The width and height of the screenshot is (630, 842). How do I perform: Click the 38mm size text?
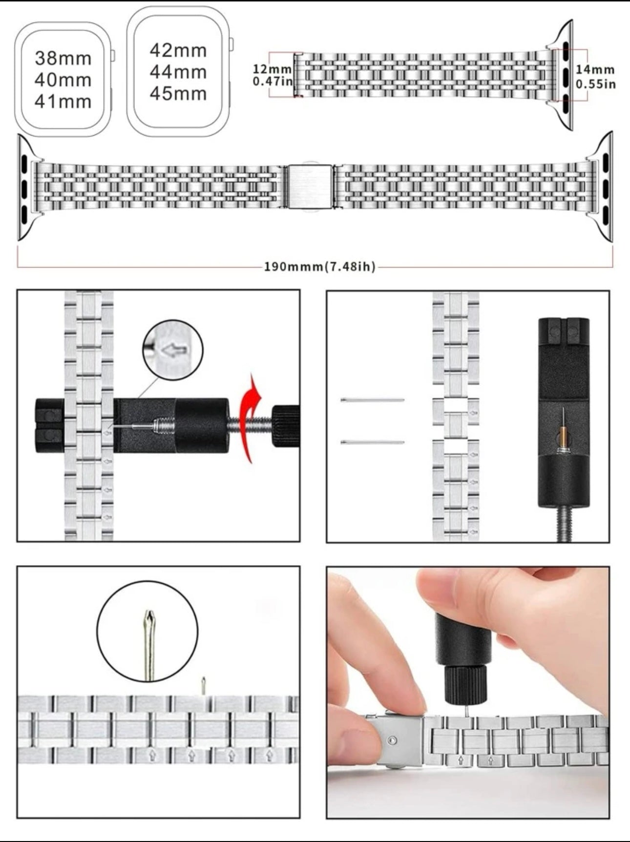pyautogui.click(x=63, y=59)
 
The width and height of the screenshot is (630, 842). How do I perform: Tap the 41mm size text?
pyautogui.click(x=63, y=102)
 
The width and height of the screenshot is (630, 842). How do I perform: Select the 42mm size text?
pyautogui.click(x=178, y=50)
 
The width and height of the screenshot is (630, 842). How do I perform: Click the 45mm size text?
pyautogui.click(x=178, y=93)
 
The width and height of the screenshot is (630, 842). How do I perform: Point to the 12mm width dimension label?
pyautogui.click(x=272, y=75)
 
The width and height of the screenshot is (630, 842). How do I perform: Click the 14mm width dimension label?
pyautogui.click(x=595, y=76)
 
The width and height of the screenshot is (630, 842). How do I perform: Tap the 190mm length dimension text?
pyautogui.click(x=320, y=267)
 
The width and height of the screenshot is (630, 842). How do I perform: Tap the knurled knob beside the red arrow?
pyautogui.click(x=285, y=426)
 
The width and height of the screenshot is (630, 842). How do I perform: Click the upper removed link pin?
pyautogui.click(x=372, y=400)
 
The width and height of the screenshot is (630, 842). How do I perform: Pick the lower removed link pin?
pyautogui.click(x=372, y=442)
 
